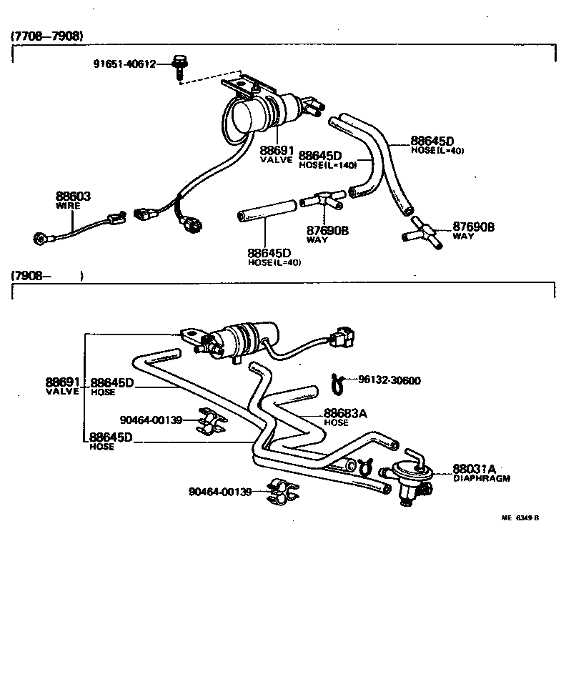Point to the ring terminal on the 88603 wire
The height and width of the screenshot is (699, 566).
coord(41,237)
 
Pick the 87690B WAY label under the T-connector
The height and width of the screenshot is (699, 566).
coord(327,234)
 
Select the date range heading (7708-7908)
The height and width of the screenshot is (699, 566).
coord(46,35)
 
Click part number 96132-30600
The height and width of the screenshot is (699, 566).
coord(389,380)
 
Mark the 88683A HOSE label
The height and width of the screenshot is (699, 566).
coord(346,417)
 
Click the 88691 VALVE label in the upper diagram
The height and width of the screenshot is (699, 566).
coord(276,154)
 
